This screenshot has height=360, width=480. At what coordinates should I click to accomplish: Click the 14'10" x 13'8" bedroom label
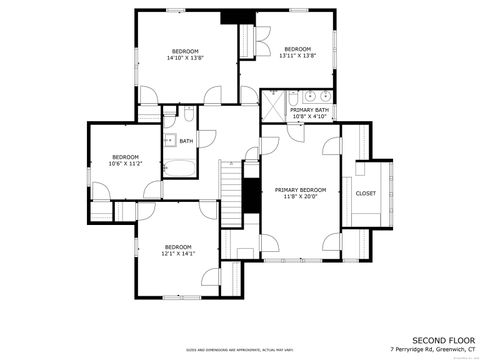185,54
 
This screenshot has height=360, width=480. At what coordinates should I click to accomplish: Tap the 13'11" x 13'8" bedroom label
298,52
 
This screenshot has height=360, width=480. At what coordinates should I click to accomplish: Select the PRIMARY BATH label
309,113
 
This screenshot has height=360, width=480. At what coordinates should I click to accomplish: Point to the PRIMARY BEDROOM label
301,192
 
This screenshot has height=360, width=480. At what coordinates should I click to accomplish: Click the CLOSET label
366,193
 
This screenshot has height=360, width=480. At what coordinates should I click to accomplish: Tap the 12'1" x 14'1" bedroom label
178,250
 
